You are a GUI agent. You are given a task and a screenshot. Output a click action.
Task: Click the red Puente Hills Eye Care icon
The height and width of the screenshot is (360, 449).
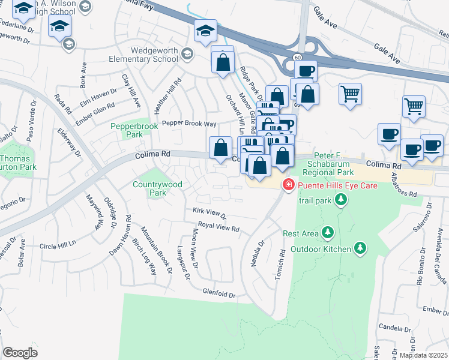(289, 184)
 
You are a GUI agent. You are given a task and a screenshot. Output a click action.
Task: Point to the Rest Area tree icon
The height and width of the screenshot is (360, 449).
(327, 232)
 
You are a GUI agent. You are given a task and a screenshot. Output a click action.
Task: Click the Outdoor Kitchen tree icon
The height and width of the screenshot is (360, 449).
(360, 247)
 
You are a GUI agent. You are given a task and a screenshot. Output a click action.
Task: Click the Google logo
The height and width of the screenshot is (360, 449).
(20, 353)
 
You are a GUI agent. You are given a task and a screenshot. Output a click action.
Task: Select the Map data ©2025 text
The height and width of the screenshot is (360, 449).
(423, 355)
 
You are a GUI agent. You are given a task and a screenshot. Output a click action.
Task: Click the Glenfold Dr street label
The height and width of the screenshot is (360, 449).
(219, 295)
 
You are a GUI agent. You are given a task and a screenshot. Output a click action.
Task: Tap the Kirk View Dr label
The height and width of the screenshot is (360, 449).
(209, 213)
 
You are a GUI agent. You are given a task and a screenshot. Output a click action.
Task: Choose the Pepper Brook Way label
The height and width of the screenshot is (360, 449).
(189, 123)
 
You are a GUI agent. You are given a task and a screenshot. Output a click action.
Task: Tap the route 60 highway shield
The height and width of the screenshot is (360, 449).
(298, 56)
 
